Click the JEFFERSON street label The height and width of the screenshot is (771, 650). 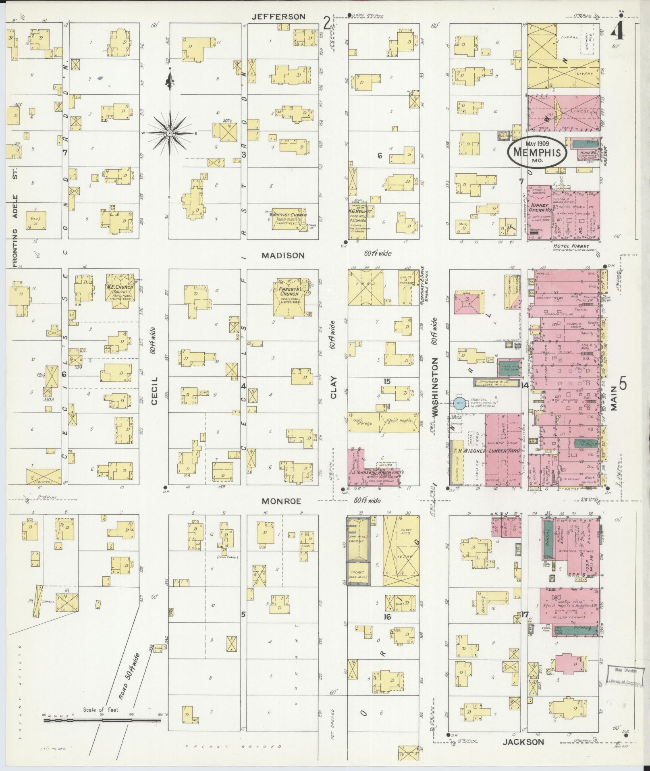coord(278,17)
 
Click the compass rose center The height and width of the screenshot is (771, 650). coord(170,133)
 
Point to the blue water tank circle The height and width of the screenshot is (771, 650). coord(459,403)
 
